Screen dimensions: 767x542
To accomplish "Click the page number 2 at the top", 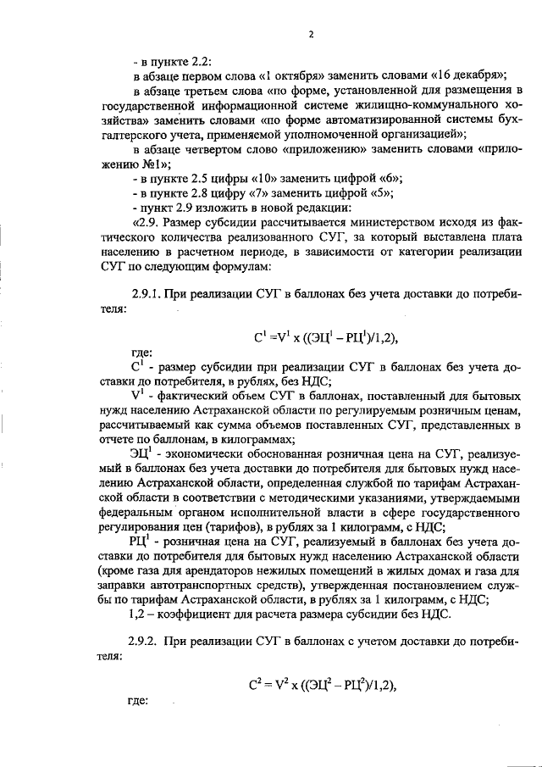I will (x=311, y=35).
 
